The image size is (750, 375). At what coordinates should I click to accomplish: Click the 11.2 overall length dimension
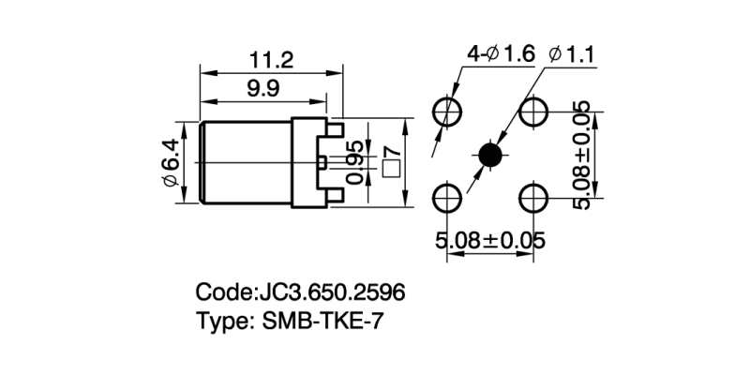[272, 61]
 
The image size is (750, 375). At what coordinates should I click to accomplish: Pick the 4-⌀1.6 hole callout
[501, 54]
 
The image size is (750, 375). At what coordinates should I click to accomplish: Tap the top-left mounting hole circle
[447, 112]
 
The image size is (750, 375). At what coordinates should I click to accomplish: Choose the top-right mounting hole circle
[534, 112]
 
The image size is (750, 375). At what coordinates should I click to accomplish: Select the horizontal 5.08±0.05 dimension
[490, 241]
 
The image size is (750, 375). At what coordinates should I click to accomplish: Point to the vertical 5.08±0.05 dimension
[583, 155]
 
